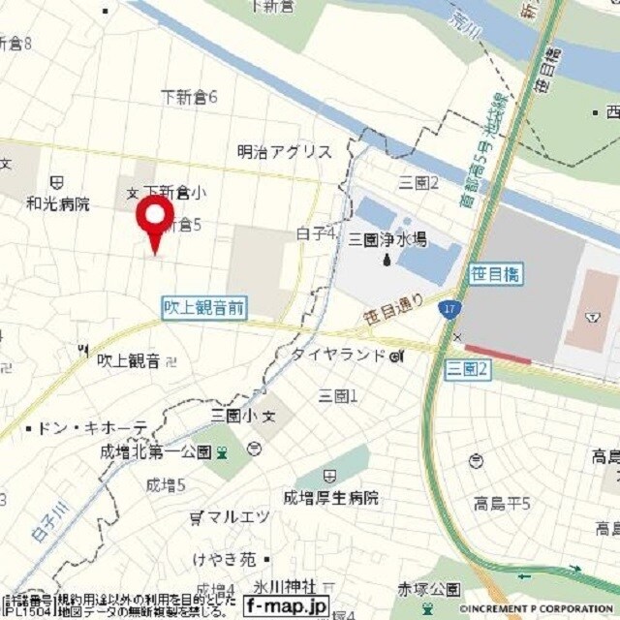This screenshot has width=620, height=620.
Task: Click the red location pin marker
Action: (154, 219)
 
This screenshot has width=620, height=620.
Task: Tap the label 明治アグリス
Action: (285, 152)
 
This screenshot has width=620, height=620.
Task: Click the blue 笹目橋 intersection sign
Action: (496, 275)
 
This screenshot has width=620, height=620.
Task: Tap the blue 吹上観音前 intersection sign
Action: (203, 308)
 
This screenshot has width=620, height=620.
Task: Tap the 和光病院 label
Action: (58, 203)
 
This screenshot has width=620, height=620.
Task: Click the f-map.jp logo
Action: (286, 607)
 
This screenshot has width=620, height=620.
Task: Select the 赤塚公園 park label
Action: (430, 589)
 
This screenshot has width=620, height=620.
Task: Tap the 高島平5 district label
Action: (503, 503)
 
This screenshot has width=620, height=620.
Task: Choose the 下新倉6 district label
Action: (190, 97)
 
